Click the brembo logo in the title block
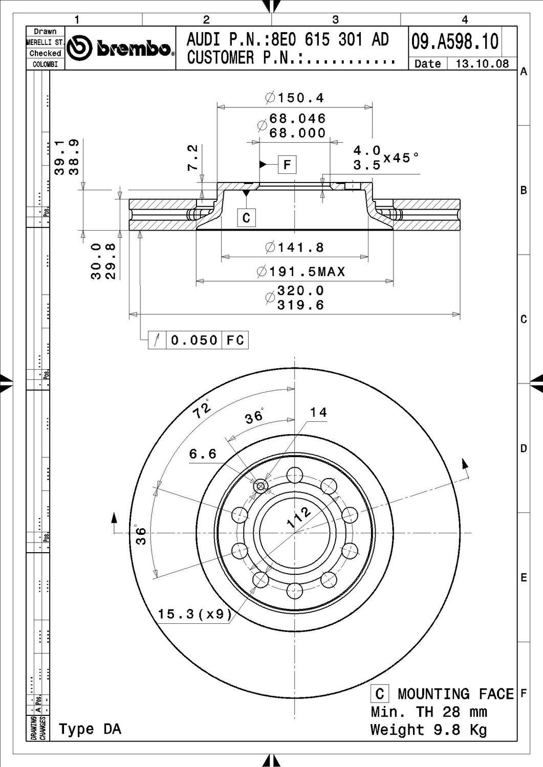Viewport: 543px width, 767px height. tap(121, 49)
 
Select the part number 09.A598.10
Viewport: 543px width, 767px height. tap(455, 41)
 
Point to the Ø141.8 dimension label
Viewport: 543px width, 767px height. tap(295, 247)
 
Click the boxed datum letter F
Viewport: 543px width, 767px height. tap(287, 165)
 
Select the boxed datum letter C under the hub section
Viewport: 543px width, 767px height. tap(246, 218)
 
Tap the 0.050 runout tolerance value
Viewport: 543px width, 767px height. tap(194, 340)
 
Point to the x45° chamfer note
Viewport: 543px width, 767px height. tap(402, 157)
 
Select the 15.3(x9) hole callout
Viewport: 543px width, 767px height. tap(195, 614)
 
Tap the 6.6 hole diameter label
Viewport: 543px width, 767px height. tap(203, 454)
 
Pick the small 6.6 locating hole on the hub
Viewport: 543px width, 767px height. tap(261, 486)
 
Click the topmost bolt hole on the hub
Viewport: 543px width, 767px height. tap(294, 475)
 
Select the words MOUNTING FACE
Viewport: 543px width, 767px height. tap(455, 694)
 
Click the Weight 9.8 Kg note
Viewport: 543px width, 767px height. tap(428, 729)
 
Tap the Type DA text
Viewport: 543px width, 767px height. tap(90, 729)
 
